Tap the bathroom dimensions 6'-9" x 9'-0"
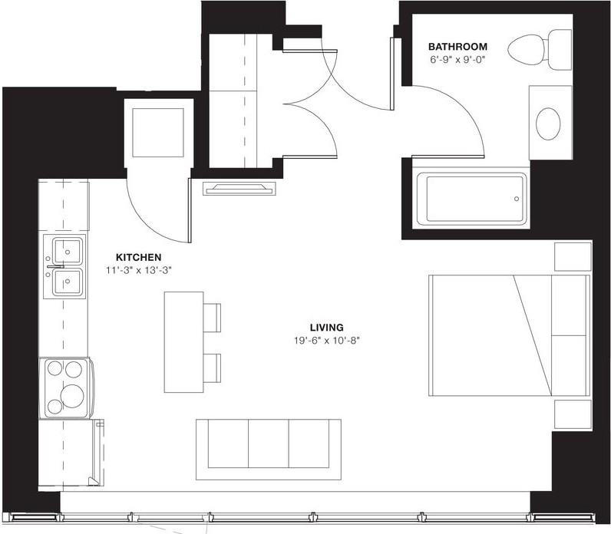point(460,58)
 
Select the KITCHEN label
point(138,257)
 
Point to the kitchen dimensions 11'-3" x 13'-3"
point(138,270)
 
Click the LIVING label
point(328,326)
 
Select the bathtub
point(471,199)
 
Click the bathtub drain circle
point(517,199)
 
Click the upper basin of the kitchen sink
point(68,250)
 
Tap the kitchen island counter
point(183,341)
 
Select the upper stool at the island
point(212,316)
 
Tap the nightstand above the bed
point(573,256)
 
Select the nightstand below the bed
point(573,414)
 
